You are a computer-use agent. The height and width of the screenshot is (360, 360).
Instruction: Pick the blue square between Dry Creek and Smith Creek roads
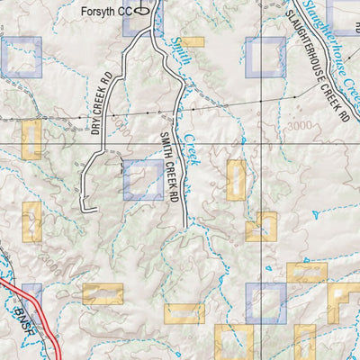[143, 180]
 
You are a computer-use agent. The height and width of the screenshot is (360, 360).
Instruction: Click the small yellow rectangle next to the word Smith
[193, 41]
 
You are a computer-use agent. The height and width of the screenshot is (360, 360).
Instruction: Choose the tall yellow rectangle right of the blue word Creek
[236, 180]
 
